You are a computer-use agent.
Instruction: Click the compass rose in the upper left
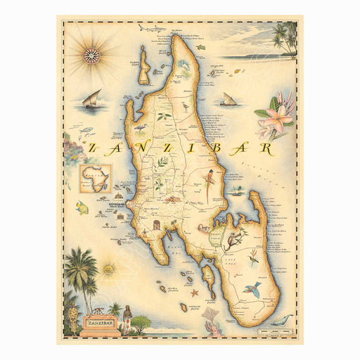tap(91, 55)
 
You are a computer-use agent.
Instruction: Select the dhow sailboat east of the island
tap(228, 100)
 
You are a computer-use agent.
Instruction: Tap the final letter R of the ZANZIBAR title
tap(266, 148)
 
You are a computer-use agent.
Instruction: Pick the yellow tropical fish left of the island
tap(82, 207)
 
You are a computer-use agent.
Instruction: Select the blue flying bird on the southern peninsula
tap(250, 289)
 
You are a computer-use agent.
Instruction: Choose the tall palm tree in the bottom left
tap(80, 271)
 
